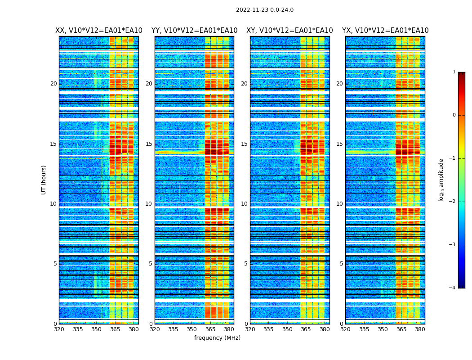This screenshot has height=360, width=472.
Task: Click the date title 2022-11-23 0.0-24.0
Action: (x=264, y=10)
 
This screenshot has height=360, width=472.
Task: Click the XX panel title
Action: (x=99, y=31)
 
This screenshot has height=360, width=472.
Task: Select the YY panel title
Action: (x=194, y=31)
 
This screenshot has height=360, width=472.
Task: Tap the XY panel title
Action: (x=289, y=31)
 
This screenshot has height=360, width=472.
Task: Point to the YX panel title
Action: (x=385, y=31)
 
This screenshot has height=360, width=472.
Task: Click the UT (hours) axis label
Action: (x=44, y=180)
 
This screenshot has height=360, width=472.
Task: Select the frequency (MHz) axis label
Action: (x=217, y=338)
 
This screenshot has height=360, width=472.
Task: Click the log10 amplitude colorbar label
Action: (x=441, y=180)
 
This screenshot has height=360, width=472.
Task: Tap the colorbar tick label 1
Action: (x=454, y=72)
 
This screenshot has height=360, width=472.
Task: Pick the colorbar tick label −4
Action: (x=453, y=288)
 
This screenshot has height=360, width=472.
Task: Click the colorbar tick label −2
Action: (x=453, y=202)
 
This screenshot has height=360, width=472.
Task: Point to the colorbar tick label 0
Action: (x=454, y=115)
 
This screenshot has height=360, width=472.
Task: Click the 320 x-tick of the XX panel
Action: (x=59, y=329)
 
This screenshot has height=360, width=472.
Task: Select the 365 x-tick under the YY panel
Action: (x=210, y=329)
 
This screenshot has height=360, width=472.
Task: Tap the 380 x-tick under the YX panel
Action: (x=420, y=329)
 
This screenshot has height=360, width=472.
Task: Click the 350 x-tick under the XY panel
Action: (x=287, y=329)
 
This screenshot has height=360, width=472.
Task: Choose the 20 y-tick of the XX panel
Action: (x=53, y=84)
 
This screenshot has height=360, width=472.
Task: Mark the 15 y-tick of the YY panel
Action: (x=149, y=144)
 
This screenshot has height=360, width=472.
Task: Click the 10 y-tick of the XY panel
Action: (x=244, y=204)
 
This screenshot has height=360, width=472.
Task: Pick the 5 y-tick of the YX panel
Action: (x=341, y=264)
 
